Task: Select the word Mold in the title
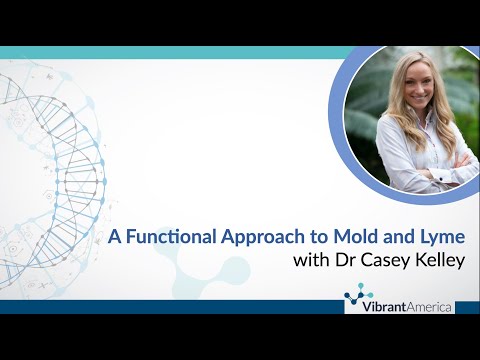(x=349, y=238)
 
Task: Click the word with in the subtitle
(x=311, y=262)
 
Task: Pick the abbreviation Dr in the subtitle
(x=344, y=262)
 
